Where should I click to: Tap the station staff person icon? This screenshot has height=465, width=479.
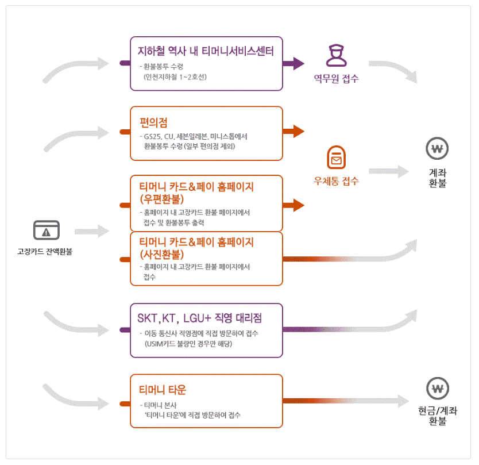pyautogui.click(x=335, y=56)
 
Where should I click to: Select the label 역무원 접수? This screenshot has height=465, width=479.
pyautogui.click(x=336, y=79)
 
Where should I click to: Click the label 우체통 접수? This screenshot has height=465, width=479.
pyautogui.click(x=336, y=181)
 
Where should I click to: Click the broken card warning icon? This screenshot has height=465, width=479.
pyautogui.click(x=47, y=230)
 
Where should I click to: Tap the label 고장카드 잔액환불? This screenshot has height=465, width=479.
pyautogui.click(x=45, y=251)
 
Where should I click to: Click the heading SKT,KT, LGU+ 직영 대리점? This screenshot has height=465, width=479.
pyautogui.click(x=200, y=318)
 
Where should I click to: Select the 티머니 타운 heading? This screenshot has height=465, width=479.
pyautogui.click(x=163, y=390)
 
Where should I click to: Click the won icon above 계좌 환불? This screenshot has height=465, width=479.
pyautogui.click(x=437, y=149)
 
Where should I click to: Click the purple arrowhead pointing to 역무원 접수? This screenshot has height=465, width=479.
pyautogui.click(x=298, y=63)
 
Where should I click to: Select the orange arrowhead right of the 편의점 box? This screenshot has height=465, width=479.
pyautogui.click(x=298, y=131)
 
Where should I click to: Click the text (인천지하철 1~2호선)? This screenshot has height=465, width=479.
pyautogui.click(x=175, y=76)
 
